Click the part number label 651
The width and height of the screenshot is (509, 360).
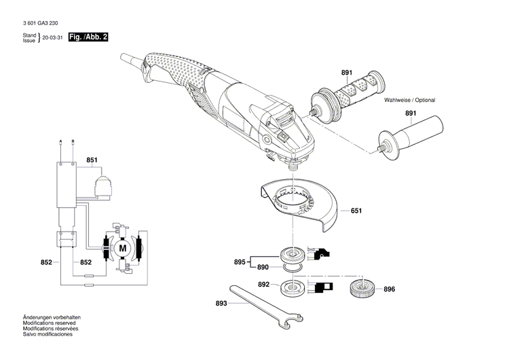356,211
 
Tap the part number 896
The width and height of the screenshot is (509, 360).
389,289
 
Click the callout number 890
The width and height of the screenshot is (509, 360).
264,268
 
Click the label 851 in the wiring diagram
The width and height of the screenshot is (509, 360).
92,161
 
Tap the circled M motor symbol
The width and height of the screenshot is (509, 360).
123,249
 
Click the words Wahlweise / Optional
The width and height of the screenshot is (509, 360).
409,100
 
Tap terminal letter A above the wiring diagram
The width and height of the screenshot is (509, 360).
61,141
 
